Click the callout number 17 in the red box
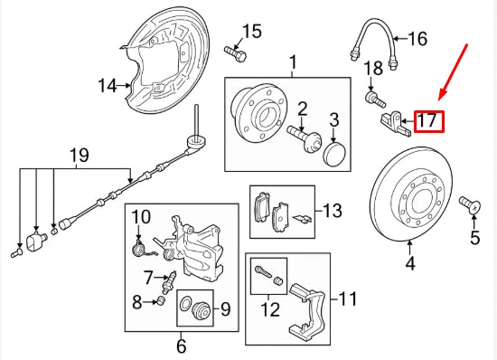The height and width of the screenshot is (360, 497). pos(428,119)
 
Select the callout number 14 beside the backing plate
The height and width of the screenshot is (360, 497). pos(108,87)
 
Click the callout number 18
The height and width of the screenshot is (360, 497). pos(373,69)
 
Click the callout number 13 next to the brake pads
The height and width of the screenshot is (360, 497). pos(333,212)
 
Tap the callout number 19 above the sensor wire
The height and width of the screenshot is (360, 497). pos(79,156)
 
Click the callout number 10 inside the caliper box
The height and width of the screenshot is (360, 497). pos(140,216)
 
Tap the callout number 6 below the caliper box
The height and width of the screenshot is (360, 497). pos(181,346)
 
